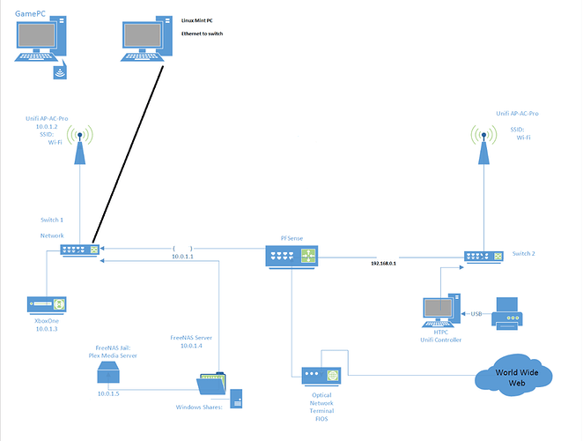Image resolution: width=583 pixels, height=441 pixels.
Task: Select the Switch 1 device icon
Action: [x=80, y=250]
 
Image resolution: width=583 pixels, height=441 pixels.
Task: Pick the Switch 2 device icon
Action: [x=483, y=256]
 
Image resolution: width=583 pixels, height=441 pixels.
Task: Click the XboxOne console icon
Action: [x=42, y=305]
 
